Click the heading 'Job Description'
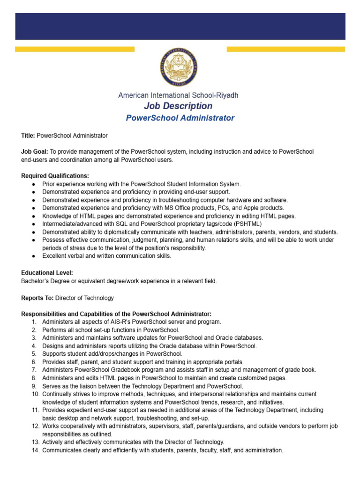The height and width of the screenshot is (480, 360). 178,106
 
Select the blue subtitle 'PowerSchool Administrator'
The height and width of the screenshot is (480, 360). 180,118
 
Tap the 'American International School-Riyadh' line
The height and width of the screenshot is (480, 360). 178,95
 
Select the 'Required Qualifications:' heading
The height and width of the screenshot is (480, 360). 55,176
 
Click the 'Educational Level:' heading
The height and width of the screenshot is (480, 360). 47,273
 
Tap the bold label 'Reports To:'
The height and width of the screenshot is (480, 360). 37,298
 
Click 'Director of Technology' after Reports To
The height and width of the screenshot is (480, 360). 84,298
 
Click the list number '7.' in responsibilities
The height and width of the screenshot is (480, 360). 34,370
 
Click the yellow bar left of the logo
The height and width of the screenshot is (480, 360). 75,49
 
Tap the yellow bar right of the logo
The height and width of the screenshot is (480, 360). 285,49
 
